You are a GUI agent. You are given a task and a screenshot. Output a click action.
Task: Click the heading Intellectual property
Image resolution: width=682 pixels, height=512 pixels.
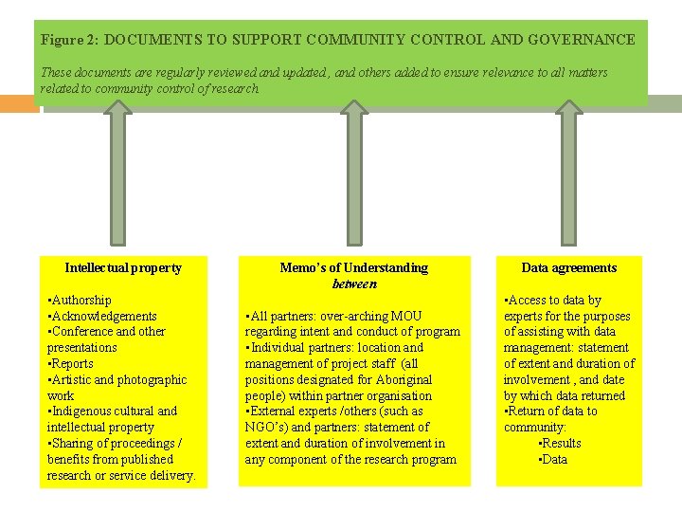click(x=123, y=268)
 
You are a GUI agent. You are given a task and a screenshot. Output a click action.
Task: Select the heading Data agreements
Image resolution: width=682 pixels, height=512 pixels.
click(x=568, y=268)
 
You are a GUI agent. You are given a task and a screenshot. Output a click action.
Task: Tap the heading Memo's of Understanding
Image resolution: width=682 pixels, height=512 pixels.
click(x=354, y=268)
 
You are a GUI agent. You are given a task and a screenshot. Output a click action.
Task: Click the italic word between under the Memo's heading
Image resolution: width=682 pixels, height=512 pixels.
click(x=354, y=283)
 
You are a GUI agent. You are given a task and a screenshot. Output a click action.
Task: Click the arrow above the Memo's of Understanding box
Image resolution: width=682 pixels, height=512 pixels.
click(x=353, y=171)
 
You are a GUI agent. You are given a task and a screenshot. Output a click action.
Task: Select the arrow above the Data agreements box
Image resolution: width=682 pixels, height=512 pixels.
click(x=567, y=171)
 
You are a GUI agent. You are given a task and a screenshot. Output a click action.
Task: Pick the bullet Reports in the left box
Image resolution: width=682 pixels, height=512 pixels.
click(x=71, y=364)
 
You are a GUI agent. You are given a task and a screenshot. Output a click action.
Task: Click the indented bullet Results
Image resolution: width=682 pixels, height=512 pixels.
click(x=560, y=444)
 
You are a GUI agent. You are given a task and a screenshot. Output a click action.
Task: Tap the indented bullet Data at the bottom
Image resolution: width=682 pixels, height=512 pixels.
click(x=553, y=460)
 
